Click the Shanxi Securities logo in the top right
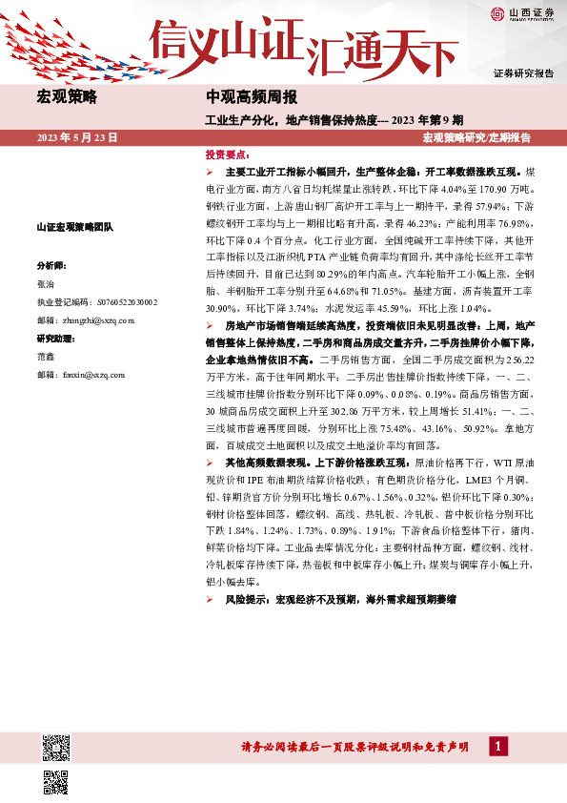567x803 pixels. pyautogui.click(x=523, y=13)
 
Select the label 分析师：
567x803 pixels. pyautogui.click(x=51, y=265)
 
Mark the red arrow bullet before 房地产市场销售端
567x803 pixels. pyautogui.click(x=211, y=325)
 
